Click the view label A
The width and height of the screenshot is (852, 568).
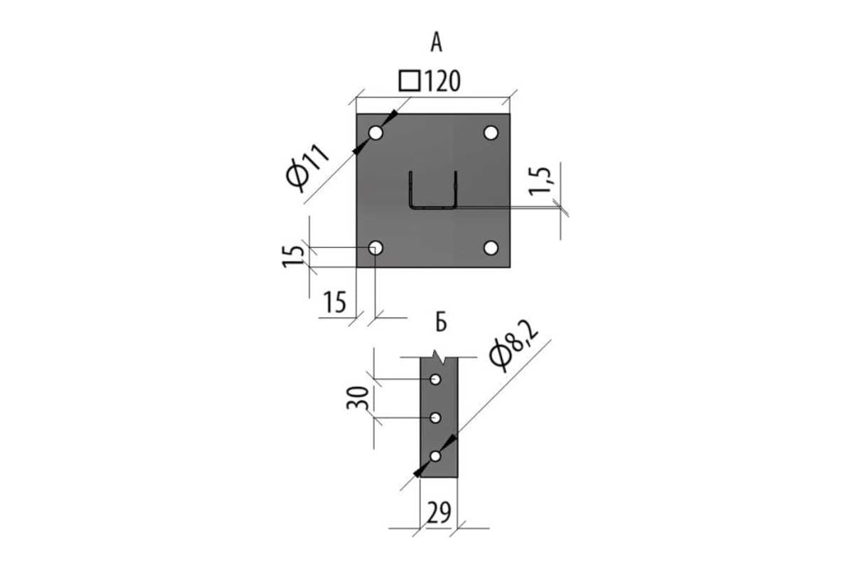[x=436, y=42]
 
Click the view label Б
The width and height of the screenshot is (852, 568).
[x=441, y=323]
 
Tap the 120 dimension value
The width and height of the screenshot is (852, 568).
[x=442, y=81]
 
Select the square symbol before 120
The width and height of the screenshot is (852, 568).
[x=410, y=81]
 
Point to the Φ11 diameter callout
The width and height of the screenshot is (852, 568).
[x=307, y=168]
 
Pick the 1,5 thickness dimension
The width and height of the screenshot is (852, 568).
[x=540, y=181]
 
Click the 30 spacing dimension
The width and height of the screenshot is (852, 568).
[x=358, y=398]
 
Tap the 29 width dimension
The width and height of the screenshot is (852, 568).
[x=439, y=512]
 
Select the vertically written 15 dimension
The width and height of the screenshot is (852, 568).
[x=293, y=256]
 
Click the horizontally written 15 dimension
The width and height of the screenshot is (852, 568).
[x=335, y=302]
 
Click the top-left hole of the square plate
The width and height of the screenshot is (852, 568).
[x=376, y=133]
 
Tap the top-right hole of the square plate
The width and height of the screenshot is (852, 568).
[x=491, y=133]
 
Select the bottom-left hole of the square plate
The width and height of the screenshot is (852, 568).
[x=376, y=248]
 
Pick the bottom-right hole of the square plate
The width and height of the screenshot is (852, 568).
[x=491, y=248]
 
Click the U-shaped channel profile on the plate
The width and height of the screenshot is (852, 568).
[x=433, y=207]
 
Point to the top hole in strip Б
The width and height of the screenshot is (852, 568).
[x=435, y=379]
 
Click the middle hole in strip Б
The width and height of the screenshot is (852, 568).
[x=435, y=417]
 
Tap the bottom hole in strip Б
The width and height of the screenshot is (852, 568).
[x=435, y=456]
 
